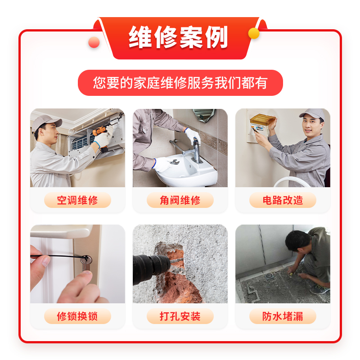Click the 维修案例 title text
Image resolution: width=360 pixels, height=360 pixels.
pos(178,37)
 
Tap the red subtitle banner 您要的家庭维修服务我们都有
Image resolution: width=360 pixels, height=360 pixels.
pos(180,83)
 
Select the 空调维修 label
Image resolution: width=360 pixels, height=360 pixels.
pos(77,200)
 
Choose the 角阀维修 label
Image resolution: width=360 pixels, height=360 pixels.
pos(180,200)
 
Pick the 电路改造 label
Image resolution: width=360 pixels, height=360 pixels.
pos(283,200)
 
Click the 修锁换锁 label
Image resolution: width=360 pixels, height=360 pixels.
pos(77,316)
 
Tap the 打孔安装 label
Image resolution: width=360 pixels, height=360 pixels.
pos(180,316)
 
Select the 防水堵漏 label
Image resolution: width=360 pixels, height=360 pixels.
pos(283,316)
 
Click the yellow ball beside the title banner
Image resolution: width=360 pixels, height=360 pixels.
pos(254,33)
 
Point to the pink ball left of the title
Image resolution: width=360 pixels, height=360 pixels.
pos(94,42)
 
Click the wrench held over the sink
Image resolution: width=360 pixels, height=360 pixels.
pos(174,162)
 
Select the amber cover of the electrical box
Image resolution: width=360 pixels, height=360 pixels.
pos(262,120)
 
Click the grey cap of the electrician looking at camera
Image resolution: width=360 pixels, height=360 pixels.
pos(313,114)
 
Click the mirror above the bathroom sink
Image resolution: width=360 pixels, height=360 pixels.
pos(204,115)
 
